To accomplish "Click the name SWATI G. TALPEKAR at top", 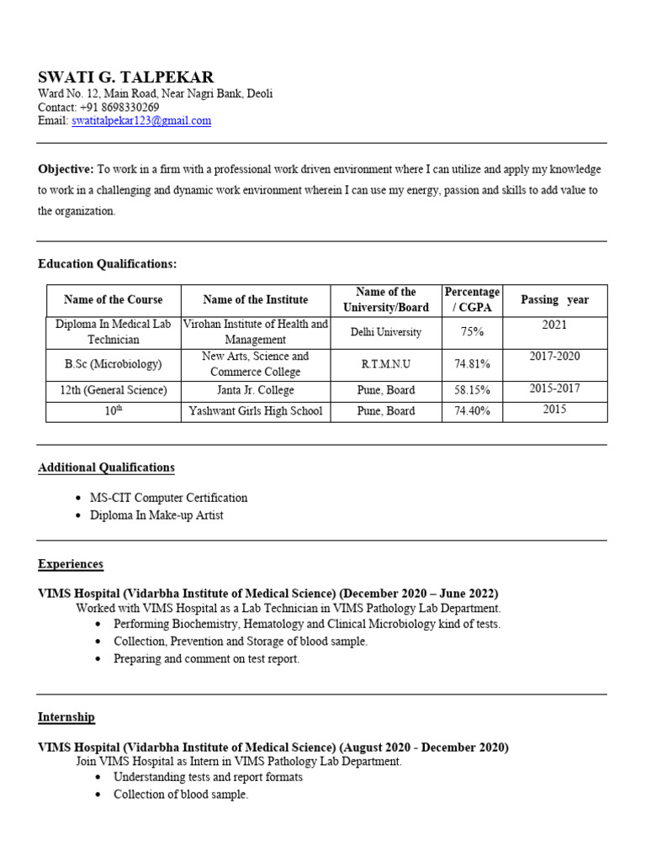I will (x=126, y=77).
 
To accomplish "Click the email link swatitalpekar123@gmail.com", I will (x=141, y=121).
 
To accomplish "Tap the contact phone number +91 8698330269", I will (x=119, y=108).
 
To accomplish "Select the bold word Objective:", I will (x=66, y=169).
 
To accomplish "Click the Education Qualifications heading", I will (x=108, y=264).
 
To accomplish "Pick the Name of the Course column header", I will (x=114, y=300).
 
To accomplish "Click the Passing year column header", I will (x=554, y=300).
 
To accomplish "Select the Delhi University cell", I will (x=386, y=332).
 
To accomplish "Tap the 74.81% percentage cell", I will (x=473, y=364).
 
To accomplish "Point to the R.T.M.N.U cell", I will (x=386, y=364).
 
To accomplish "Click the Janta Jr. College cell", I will (x=255, y=390).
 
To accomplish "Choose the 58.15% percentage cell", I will (x=473, y=390).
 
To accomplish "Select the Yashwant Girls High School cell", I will (x=255, y=411).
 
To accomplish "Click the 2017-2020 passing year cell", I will (x=554, y=357).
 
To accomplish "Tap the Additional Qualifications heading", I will (x=106, y=467).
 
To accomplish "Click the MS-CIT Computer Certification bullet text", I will (x=169, y=498).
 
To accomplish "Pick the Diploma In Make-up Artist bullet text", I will (x=156, y=515).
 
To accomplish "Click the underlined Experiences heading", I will (x=71, y=564).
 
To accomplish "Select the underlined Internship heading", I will (x=66, y=717).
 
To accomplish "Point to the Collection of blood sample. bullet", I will (x=181, y=795).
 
